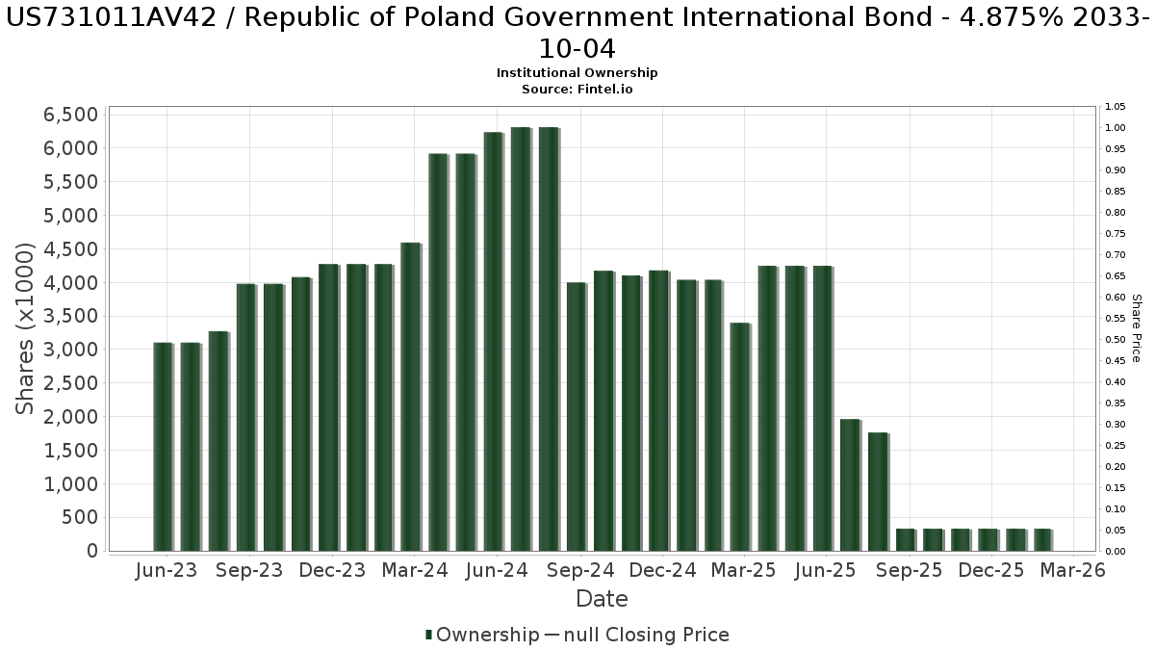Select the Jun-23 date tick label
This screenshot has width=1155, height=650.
[167, 570]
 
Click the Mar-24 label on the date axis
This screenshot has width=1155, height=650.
[414, 570]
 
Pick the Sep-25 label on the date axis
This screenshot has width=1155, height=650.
[909, 570]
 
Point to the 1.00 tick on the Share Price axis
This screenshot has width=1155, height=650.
[1116, 128]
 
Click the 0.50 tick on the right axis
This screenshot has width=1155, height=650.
[1116, 340]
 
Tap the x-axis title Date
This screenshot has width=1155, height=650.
[602, 599]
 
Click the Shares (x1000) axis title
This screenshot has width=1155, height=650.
[26, 328]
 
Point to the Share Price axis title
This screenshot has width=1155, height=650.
[1136, 328]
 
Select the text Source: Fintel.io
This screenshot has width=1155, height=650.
[577, 89]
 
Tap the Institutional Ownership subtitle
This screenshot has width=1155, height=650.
[577, 73]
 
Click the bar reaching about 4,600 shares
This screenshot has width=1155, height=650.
[410, 397]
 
